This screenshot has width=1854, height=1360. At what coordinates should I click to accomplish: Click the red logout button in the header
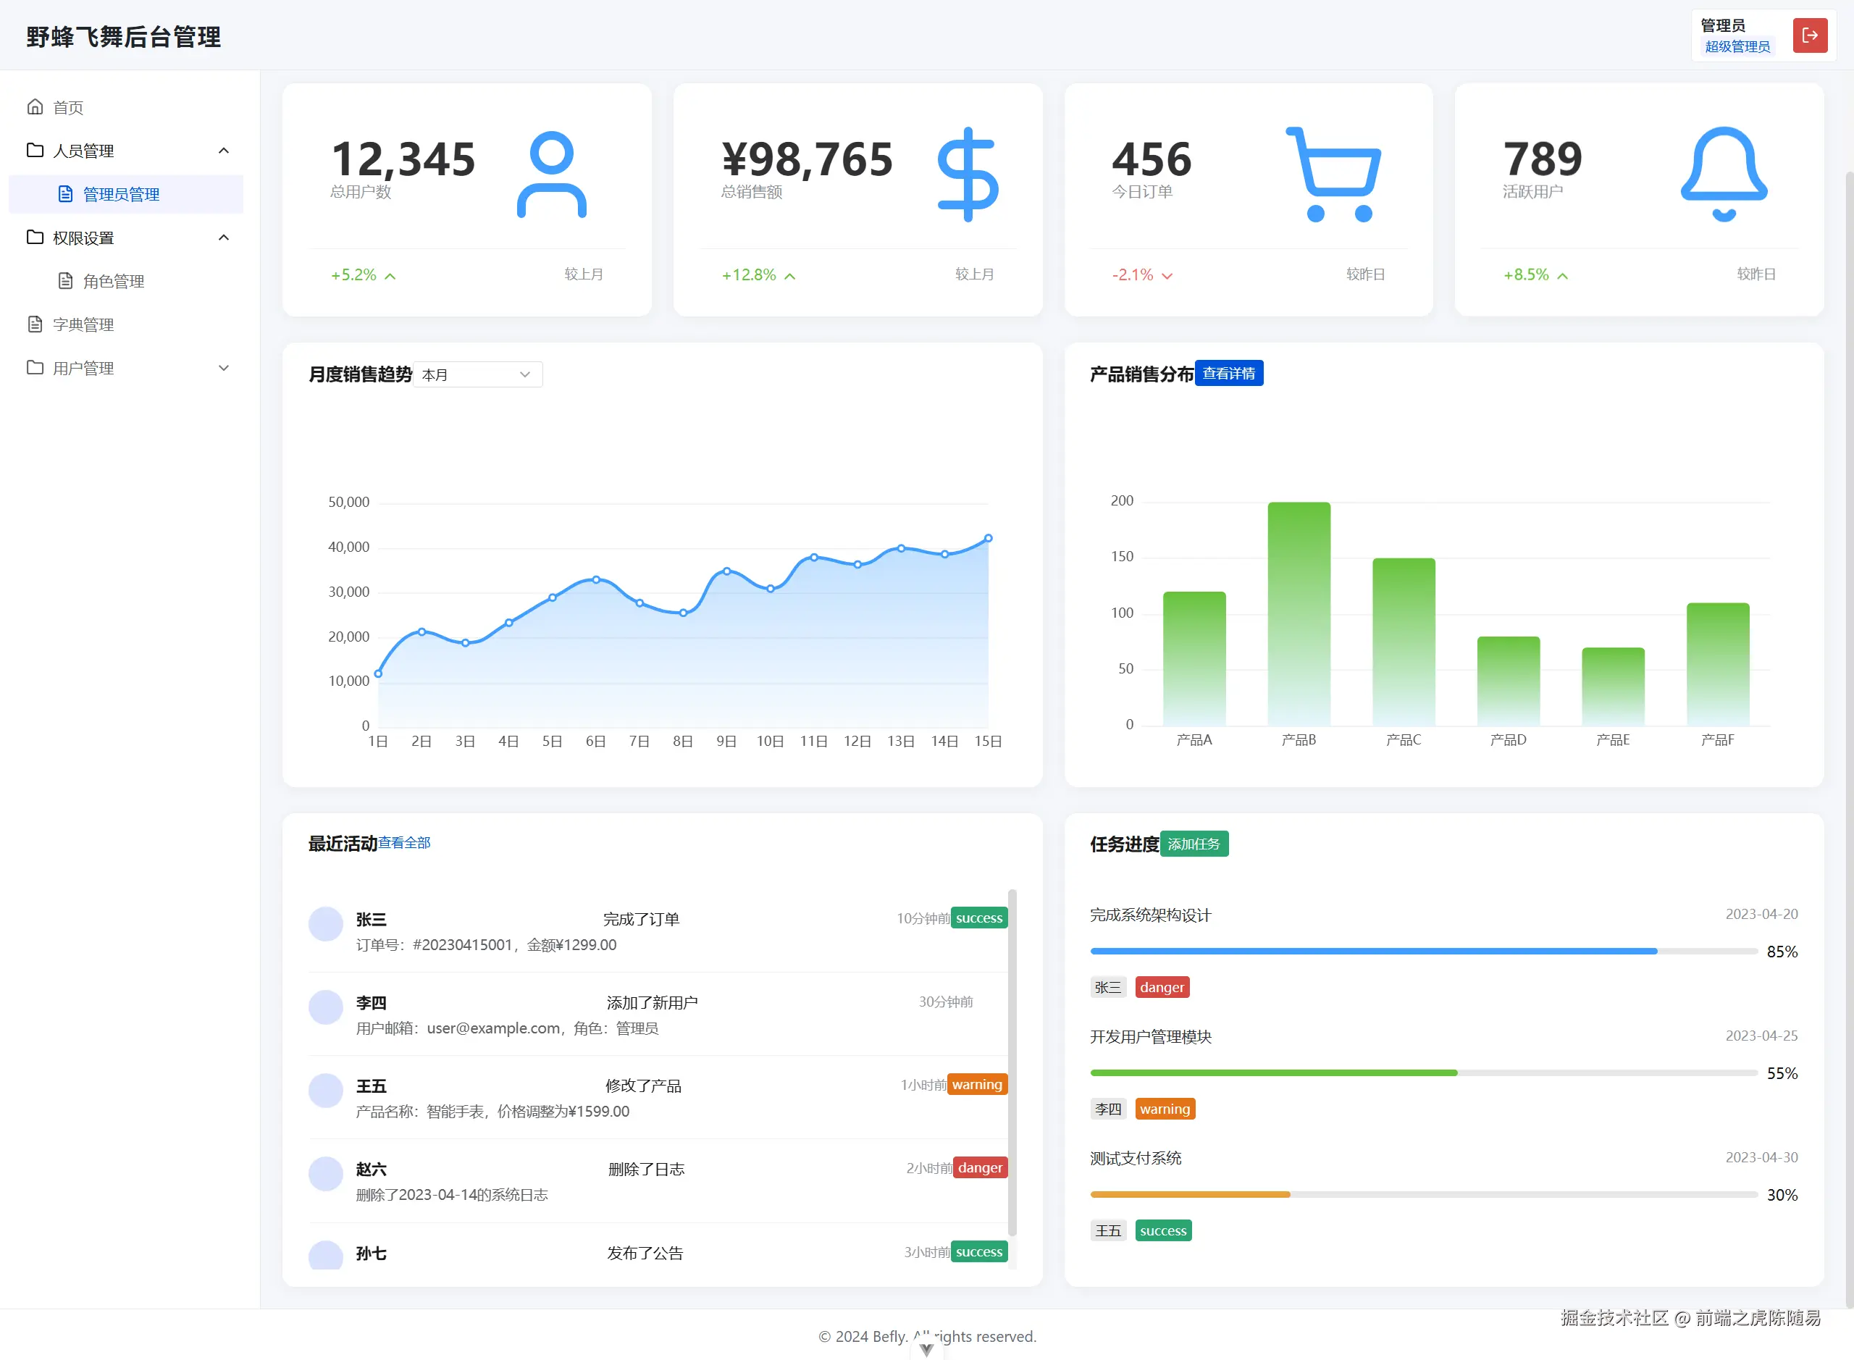pyautogui.click(x=1810, y=35)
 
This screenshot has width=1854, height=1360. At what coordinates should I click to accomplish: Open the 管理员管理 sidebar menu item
pyautogui.click(x=121, y=194)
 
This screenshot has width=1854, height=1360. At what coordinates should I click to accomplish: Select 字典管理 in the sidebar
pyautogui.click(x=83, y=324)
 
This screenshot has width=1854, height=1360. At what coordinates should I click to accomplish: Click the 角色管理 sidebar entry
pyautogui.click(x=114, y=282)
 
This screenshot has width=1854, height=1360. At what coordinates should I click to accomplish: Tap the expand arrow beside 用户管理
pyautogui.click(x=223, y=368)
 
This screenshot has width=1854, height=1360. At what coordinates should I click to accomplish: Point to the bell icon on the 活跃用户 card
pyautogui.click(x=1723, y=174)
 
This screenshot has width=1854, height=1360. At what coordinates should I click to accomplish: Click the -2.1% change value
pyautogui.click(x=1132, y=275)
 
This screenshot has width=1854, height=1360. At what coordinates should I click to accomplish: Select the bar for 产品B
pyautogui.click(x=1299, y=613)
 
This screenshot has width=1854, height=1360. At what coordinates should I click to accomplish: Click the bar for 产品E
pyautogui.click(x=1612, y=686)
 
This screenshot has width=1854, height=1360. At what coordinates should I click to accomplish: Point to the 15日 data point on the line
pyautogui.click(x=988, y=538)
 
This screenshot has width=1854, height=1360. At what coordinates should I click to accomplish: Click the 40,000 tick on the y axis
pyautogui.click(x=348, y=547)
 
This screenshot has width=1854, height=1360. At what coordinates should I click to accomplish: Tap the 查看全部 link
pyautogui.click(x=404, y=843)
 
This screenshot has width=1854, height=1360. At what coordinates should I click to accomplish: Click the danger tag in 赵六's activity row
pyautogui.click(x=980, y=1167)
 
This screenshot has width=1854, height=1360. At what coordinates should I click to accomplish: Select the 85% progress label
pyautogui.click(x=1782, y=952)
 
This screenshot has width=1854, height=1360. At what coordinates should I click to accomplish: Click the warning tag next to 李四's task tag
pyautogui.click(x=1164, y=1109)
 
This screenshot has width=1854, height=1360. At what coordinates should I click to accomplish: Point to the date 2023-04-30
pyautogui.click(x=1761, y=1157)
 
